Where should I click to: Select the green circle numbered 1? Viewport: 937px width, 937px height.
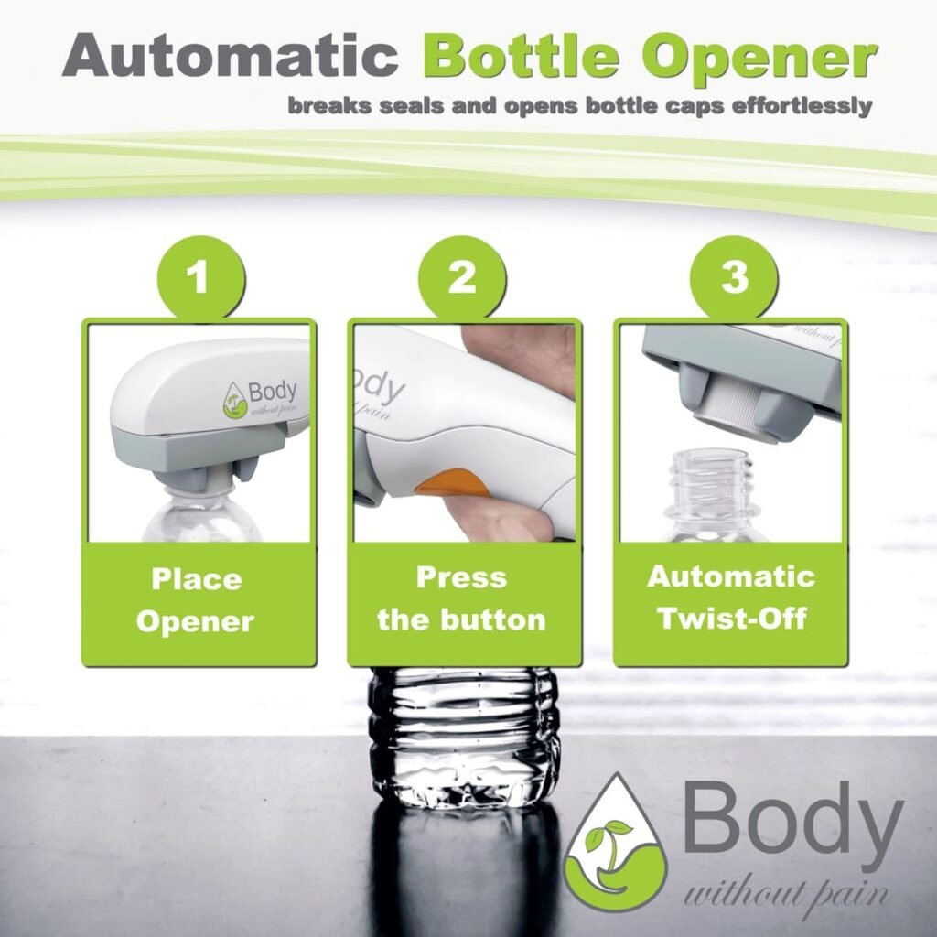point(199,276)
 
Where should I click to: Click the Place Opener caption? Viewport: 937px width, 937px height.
point(196,600)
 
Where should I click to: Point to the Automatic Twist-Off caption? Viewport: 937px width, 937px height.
point(730,597)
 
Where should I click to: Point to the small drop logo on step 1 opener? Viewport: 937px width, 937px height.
point(236,400)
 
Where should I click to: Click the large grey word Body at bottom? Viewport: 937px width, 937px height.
point(792,818)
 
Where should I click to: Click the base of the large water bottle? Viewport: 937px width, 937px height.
point(465,782)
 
